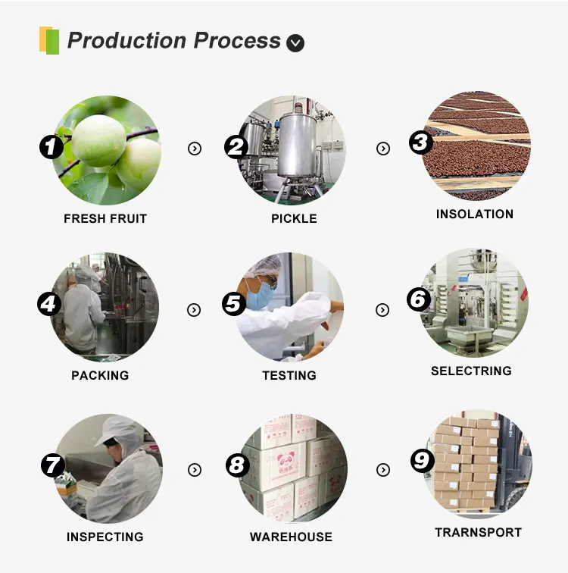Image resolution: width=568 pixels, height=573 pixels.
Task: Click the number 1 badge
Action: point(51,146)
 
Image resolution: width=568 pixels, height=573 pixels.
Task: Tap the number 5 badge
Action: point(234,303)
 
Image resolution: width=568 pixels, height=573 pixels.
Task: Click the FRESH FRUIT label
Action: point(105,219)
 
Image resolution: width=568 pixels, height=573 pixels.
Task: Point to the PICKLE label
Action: point(294,219)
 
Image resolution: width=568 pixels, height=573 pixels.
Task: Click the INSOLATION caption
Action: point(475,214)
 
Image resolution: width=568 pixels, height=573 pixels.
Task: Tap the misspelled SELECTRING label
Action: point(471,371)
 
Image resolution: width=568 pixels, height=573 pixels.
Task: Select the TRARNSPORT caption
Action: point(478,533)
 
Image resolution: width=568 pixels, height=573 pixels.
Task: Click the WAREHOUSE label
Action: point(291,537)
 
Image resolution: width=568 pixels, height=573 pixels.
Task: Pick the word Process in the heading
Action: point(236,40)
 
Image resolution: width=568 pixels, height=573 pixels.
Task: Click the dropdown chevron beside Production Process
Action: point(295,43)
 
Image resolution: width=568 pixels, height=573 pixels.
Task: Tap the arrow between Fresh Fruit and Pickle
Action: point(195,149)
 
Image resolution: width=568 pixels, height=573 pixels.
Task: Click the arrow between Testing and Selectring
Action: point(383,309)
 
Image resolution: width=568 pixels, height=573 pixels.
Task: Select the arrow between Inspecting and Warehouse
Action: point(195,470)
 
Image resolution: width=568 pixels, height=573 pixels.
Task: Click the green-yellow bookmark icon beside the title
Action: point(49,39)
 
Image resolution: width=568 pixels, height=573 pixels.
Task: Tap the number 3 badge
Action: point(421,142)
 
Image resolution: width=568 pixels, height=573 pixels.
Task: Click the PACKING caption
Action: point(100,376)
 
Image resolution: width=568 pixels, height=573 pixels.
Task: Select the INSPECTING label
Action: point(105,537)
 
